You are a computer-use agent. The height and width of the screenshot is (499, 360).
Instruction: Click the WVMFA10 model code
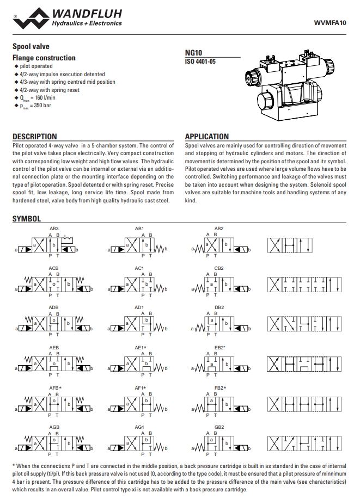pos(331,22)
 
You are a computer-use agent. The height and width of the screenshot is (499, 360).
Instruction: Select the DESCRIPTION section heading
pos(35,137)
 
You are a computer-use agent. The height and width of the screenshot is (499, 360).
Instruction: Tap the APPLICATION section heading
pos(207,137)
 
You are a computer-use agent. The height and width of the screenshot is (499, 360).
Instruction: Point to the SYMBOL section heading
pos(27,219)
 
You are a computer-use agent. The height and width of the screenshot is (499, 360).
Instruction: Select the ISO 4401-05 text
pos(200,61)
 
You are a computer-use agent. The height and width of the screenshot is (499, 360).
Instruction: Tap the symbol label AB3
pos(54,228)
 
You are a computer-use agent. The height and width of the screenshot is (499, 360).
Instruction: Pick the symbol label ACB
pos(53,268)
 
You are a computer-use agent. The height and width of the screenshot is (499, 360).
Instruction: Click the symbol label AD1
pos(139,308)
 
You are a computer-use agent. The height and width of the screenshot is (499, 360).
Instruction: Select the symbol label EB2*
pos(219,347)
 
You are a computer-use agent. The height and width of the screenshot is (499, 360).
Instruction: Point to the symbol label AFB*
pos(56,387)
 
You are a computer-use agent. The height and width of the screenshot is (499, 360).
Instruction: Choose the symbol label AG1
pos(139,427)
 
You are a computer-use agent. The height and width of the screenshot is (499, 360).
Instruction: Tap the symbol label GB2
pos(219,427)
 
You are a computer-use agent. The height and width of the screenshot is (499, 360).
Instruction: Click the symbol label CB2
pos(219,268)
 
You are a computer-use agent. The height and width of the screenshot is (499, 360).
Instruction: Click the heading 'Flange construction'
pos(44,58)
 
